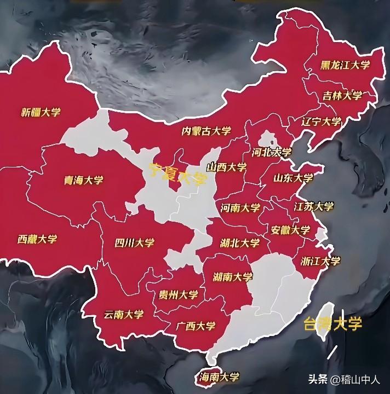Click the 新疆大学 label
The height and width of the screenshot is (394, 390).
[x=41, y=112]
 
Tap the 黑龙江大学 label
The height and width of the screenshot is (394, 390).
[x=346, y=65]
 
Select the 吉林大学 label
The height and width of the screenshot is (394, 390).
[x=342, y=96]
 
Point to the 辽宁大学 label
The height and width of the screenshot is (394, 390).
[x=322, y=121]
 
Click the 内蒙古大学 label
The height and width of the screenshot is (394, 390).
[x=207, y=131]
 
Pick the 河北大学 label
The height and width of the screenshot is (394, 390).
[x=272, y=152]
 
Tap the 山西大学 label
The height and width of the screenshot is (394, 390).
[x=227, y=167]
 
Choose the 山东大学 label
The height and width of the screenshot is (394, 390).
[x=293, y=178]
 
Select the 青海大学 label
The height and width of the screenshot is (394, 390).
[x=84, y=180]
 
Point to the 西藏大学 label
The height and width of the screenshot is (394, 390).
[x=37, y=239]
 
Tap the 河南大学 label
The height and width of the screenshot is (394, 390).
[x=240, y=208]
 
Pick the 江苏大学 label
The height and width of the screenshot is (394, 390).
[x=313, y=206]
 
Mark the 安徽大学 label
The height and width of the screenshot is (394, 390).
[x=290, y=230]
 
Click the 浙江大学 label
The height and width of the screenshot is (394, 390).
[x=320, y=261]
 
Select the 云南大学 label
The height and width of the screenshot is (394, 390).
[x=123, y=315]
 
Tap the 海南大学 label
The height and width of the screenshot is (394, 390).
[x=220, y=377]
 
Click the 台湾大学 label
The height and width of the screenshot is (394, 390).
[x=333, y=323]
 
